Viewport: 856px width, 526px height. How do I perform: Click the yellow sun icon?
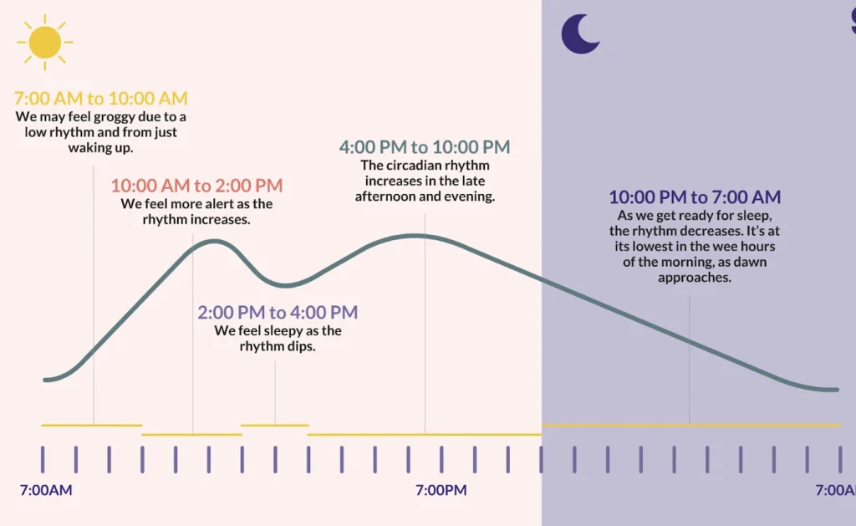(44, 41)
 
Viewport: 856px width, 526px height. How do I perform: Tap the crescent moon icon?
(578, 33)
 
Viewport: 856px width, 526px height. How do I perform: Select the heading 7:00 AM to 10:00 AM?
(101, 99)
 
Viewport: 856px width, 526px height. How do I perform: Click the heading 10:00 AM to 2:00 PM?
(196, 186)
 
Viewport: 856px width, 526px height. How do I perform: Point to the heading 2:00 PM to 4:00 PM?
(278, 313)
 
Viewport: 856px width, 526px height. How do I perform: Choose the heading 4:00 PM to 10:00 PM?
(425, 147)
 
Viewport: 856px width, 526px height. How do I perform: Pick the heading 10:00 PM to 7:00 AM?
(695, 197)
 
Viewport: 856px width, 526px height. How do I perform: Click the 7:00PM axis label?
(441, 490)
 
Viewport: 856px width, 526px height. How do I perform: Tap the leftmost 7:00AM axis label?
(45, 490)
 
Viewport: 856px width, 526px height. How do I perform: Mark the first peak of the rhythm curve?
(216, 241)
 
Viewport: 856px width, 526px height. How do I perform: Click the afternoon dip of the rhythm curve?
(285, 284)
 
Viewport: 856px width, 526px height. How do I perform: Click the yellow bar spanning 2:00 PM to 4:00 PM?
(275, 426)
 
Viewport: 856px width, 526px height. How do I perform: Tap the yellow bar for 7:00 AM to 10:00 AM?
(92, 426)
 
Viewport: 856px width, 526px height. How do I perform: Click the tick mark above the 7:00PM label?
(441, 459)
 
